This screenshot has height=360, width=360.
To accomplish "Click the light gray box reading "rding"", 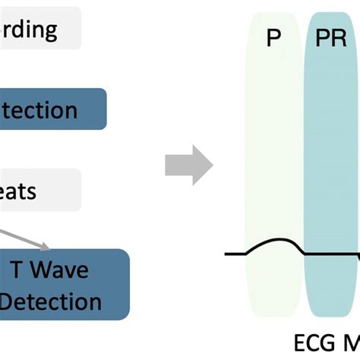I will pos(38,29).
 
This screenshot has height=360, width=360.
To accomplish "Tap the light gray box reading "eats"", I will pos(38,189).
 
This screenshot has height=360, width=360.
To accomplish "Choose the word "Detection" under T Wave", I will pos(50,302).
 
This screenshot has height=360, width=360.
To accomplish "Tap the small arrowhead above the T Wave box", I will pos(48,245).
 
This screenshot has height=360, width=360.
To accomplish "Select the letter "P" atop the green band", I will pos(273,38).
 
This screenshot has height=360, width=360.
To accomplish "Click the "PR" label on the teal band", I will pos(331,38).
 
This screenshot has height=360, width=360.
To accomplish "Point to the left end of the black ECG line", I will pos(226,253).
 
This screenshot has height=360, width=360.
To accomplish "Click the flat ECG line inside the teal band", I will pos(330,254).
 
